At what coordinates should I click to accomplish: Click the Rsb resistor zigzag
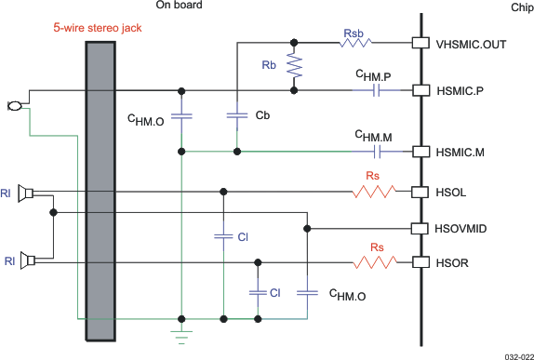coord(354,43)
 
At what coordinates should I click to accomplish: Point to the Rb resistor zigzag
coord(295,66)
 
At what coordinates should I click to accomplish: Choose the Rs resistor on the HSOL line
coord(377,193)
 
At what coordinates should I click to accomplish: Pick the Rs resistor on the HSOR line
coord(377,262)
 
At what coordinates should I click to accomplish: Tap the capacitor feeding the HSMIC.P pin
coord(377,90)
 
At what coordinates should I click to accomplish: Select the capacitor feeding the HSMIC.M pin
coord(377,151)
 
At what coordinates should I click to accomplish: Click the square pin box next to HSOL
coord(420,193)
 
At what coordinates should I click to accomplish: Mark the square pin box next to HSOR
coord(420,262)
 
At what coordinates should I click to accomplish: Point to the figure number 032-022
coord(516,354)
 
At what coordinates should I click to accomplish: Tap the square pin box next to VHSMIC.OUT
coord(420,43)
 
